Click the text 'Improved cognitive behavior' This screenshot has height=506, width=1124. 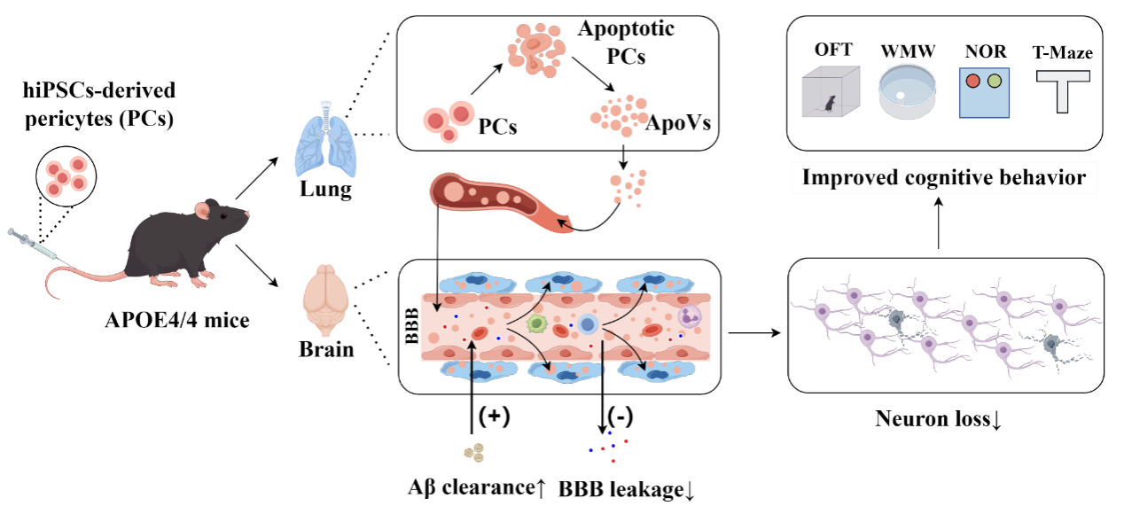click(943, 177)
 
